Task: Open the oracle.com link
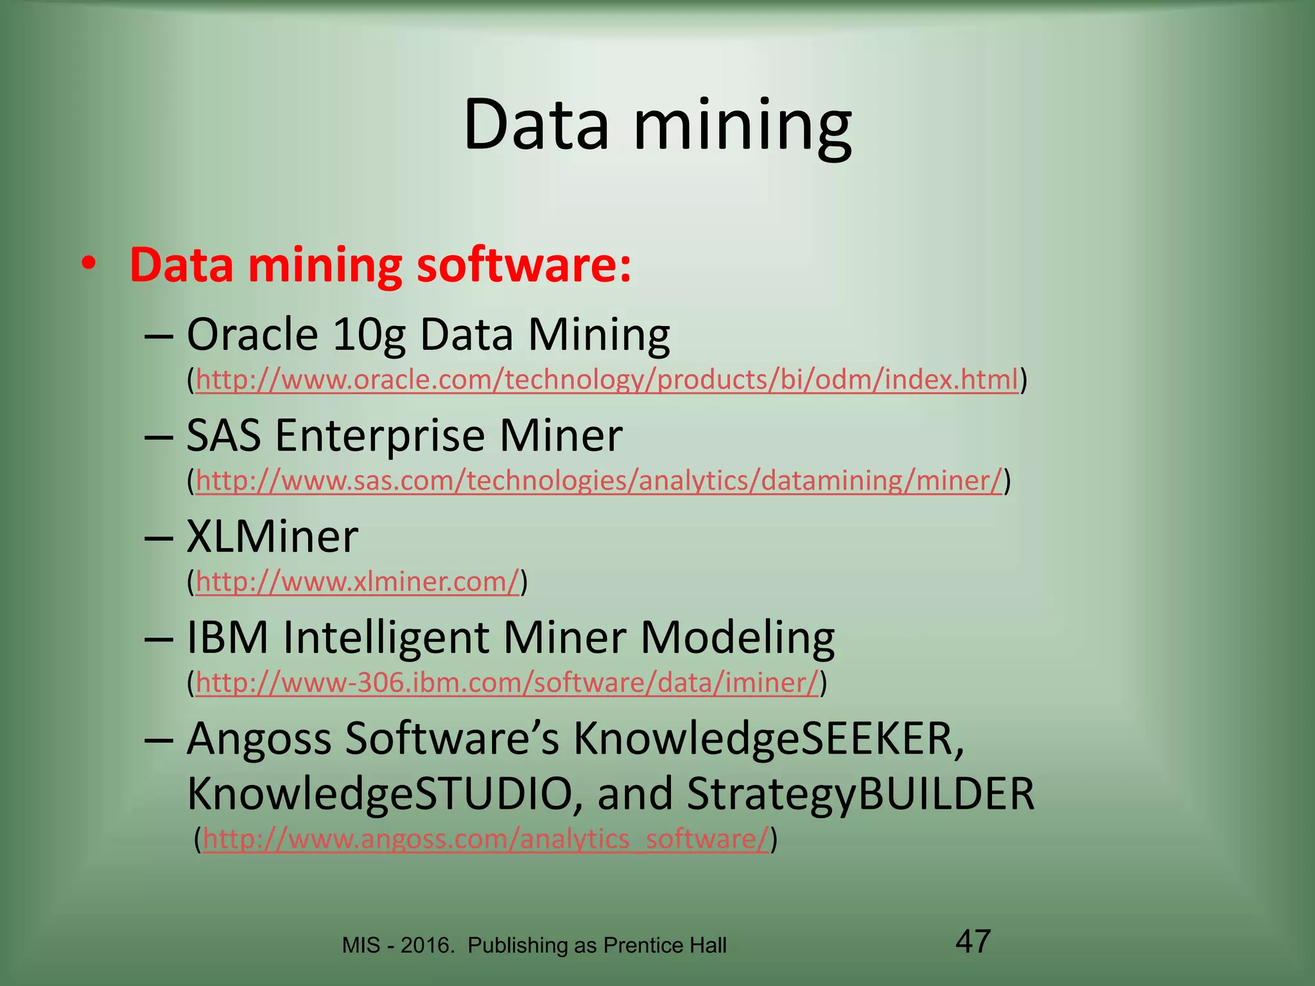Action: click(x=607, y=379)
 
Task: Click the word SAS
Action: click(x=223, y=435)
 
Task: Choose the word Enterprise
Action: click(x=379, y=435)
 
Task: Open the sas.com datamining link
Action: click(x=598, y=480)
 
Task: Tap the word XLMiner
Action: click(x=272, y=537)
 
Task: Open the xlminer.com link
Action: click(x=357, y=582)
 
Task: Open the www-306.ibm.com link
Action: click(x=507, y=682)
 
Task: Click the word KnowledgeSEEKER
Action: click(x=768, y=738)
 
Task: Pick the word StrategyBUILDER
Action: click(x=860, y=794)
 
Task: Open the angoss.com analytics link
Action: click(x=485, y=839)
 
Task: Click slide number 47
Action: click(x=973, y=941)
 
